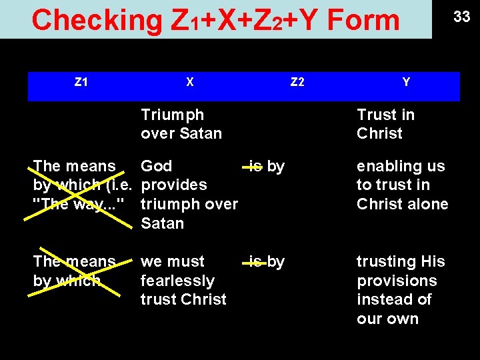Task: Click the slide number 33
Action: click(x=462, y=17)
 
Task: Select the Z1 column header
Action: click(x=81, y=83)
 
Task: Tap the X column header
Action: click(x=190, y=83)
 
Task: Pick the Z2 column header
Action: click(x=297, y=83)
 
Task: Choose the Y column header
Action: click(x=406, y=83)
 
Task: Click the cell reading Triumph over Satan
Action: click(x=181, y=124)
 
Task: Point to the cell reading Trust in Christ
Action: click(x=385, y=124)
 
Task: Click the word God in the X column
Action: click(x=157, y=166)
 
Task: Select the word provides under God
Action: click(x=174, y=185)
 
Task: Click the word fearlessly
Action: click(x=177, y=281)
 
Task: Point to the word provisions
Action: click(x=397, y=281)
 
